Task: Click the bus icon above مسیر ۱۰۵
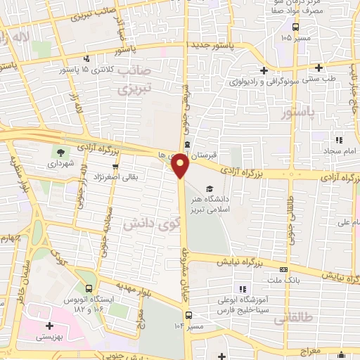pyautogui.click(x=295, y=26)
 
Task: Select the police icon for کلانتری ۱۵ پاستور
pyautogui.click(x=86, y=59)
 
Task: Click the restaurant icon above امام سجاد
pyautogui.click(x=339, y=140)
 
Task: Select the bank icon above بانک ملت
pyautogui.click(x=283, y=269)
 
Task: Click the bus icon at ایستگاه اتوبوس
pyautogui.click(x=88, y=288)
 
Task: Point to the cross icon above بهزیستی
pyautogui.click(x=49, y=326)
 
